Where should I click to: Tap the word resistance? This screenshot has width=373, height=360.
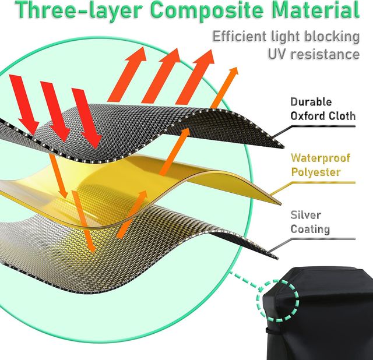(x=326, y=54)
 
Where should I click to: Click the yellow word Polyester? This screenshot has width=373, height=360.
(x=316, y=172)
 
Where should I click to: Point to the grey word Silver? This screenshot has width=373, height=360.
(x=305, y=214)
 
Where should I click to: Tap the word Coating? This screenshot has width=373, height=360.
(x=310, y=230)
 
